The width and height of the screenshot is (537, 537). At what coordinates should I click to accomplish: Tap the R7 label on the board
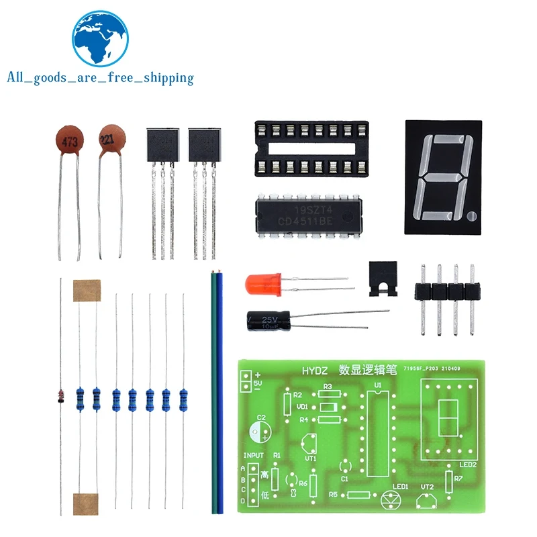pyautogui.click(x=458, y=479)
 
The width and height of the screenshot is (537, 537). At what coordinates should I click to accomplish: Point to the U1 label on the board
pyautogui.click(x=377, y=385)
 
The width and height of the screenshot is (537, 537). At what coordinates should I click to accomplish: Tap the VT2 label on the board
pyautogui.click(x=428, y=488)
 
